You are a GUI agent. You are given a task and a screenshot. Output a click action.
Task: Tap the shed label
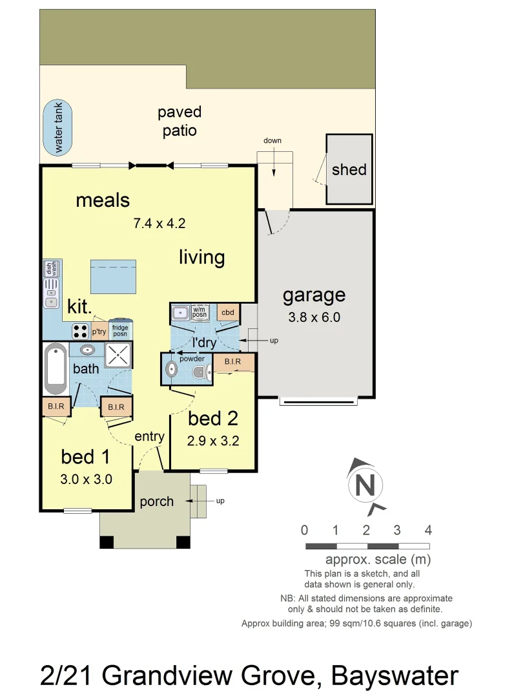349,170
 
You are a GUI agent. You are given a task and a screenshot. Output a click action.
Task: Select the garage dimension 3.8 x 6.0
314,317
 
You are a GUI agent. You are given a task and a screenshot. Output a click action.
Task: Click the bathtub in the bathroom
56,368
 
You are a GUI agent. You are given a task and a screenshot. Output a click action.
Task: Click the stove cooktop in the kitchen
80,331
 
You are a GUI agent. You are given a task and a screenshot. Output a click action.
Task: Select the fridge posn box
120,331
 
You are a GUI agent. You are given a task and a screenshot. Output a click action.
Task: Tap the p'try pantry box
99,332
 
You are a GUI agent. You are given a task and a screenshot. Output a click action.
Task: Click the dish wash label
49,268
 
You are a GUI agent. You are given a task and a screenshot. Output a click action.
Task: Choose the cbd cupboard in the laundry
227,313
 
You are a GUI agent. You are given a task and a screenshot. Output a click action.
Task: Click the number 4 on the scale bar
427,531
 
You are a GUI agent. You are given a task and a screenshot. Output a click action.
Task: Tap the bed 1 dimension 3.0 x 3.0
87,480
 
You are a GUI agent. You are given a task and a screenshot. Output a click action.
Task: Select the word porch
156,502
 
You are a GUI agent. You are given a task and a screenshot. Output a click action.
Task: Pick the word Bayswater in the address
395,675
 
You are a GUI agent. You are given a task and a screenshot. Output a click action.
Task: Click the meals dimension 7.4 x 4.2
159,224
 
